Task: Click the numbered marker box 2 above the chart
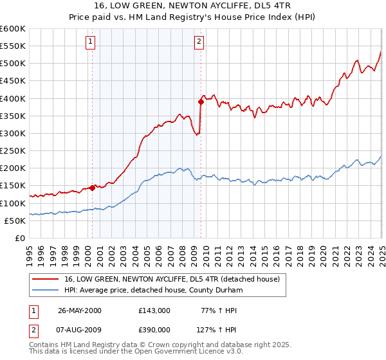[x=199, y=42]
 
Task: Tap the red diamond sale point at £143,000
[x=93, y=188]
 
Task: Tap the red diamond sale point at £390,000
[x=201, y=101]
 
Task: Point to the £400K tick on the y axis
[x=13, y=98]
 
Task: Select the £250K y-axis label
[x=13, y=150]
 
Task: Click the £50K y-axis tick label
[x=15, y=221]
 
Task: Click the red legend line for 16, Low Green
[x=46, y=279]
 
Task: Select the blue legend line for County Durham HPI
[x=46, y=290]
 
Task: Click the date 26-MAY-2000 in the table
[x=80, y=310]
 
